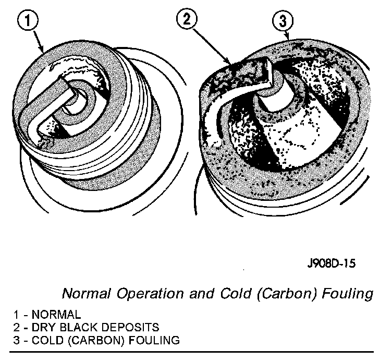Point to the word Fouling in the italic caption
coord(348,294)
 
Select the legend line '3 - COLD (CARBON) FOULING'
coord(97,340)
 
